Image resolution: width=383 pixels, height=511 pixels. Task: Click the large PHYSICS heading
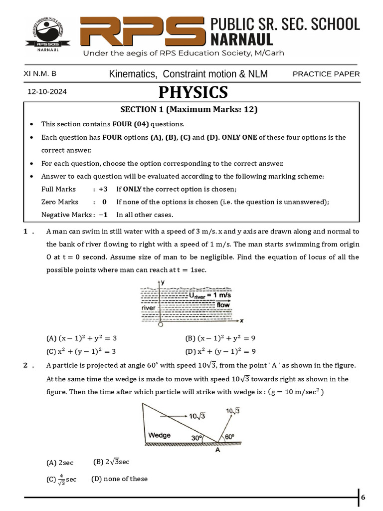[193, 92]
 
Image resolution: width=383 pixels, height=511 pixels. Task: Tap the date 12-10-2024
[47, 92]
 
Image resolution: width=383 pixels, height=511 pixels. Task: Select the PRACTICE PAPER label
[326, 74]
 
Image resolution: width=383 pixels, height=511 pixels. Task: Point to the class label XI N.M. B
[40, 74]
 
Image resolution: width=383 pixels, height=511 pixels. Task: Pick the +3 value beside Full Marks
[103, 189]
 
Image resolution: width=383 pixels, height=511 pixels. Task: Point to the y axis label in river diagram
[163, 282]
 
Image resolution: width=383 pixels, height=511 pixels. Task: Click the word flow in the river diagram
[223, 304]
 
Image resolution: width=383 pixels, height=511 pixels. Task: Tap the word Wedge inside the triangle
[159, 435]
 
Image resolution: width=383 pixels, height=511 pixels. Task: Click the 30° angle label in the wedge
[197, 438]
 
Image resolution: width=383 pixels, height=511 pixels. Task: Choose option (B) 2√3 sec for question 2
[111, 462]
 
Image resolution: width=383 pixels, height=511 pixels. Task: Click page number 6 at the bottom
[363, 497]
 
